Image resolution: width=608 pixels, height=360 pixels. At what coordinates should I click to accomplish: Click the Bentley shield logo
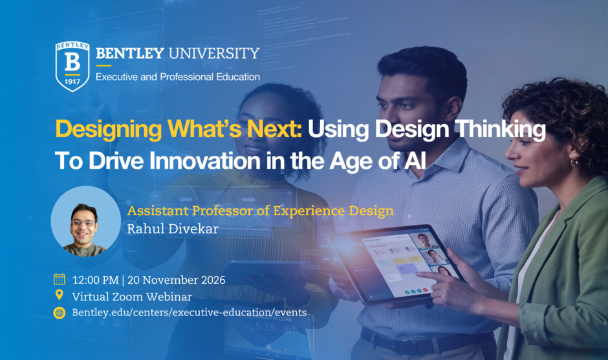(72, 67)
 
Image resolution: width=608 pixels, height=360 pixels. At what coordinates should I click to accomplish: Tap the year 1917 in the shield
(72, 81)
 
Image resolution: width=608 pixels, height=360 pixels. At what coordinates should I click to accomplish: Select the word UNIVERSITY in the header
(214, 53)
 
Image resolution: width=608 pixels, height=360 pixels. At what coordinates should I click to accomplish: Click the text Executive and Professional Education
(178, 77)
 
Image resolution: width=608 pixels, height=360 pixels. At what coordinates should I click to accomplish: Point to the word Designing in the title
(109, 129)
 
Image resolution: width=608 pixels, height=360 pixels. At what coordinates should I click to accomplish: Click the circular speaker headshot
(85, 221)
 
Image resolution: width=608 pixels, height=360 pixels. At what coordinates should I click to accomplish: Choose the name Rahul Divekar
(173, 229)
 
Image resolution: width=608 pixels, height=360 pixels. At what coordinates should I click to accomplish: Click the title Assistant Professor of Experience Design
(260, 211)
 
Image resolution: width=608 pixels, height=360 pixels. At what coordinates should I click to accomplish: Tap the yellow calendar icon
(60, 279)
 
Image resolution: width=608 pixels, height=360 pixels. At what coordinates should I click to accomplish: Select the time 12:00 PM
(95, 280)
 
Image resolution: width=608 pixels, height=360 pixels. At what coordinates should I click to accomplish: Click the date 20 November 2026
(177, 280)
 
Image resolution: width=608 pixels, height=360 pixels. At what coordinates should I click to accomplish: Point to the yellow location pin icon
(60, 295)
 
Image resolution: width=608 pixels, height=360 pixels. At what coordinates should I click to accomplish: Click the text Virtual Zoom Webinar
(132, 297)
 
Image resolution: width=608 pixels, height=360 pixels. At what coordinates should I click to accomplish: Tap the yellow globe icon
(60, 312)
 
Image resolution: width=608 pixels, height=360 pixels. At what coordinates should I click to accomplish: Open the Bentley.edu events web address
(190, 312)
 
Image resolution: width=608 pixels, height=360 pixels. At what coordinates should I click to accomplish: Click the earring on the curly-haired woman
(574, 162)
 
